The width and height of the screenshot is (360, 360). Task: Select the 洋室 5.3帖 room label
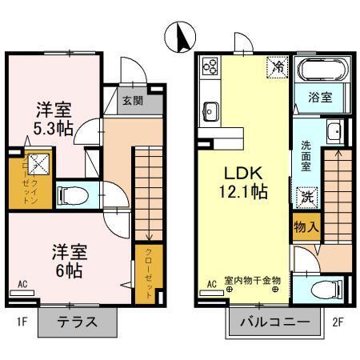click(53, 118)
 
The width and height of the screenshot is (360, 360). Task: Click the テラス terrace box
click(78, 323)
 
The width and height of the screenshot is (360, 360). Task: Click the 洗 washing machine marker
click(306, 195)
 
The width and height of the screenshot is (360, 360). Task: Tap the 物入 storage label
click(306, 227)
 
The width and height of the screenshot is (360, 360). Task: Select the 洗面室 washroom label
click(306, 157)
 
